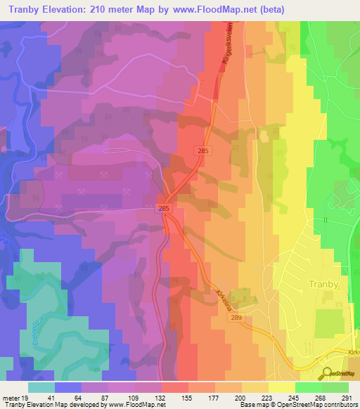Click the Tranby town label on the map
click(325, 285)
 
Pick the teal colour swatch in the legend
click(41, 387)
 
